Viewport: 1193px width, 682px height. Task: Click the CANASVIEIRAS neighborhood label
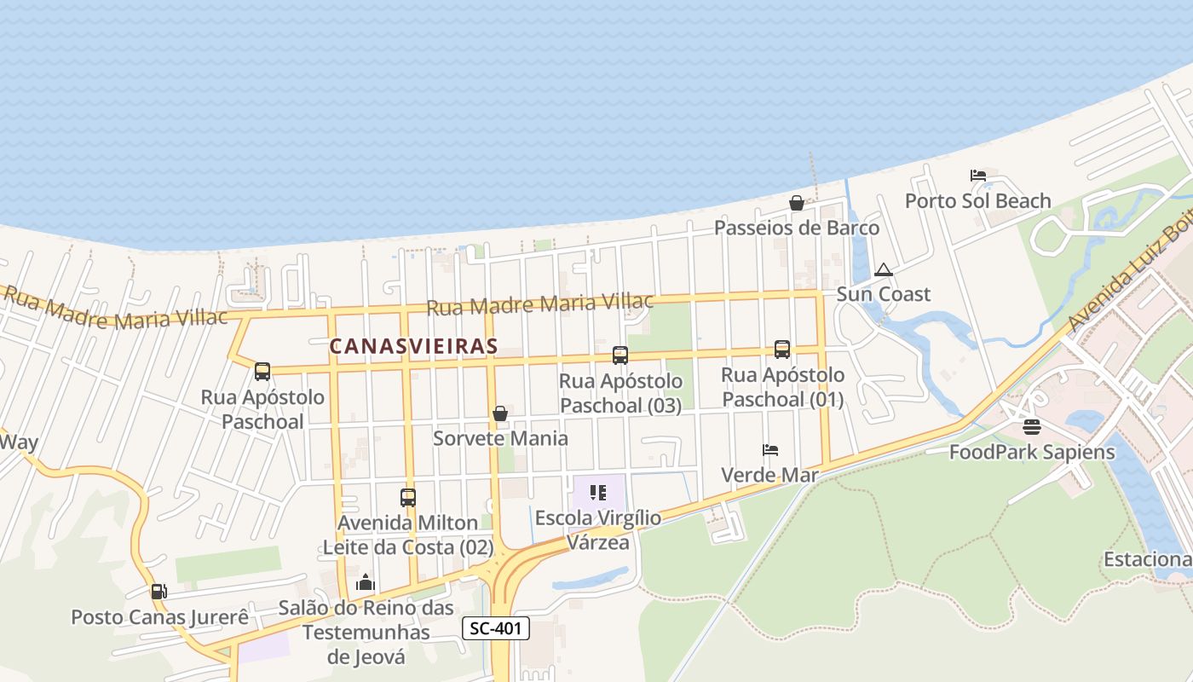coord(413,346)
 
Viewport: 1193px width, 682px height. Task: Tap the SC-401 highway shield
coord(496,629)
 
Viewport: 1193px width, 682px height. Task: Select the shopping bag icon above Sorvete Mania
coord(500,413)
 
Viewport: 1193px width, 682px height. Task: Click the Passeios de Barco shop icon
coord(796,203)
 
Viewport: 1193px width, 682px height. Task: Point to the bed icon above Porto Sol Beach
coord(977,176)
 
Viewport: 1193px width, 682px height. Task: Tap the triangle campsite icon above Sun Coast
coord(884,270)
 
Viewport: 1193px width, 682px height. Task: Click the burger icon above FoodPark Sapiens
coord(1032,426)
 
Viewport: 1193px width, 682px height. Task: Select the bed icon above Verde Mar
coord(770,450)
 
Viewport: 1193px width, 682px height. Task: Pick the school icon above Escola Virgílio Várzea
coord(598,493)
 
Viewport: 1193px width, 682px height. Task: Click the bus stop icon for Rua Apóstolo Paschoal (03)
coord(620,355)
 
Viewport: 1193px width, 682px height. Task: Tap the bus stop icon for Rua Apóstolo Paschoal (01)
coord(782,350)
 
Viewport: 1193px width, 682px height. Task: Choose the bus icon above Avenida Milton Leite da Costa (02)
coord(408,497)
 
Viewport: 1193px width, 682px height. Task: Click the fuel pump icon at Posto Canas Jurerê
coord(158,592)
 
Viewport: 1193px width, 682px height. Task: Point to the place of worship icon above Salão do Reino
coord(366,583)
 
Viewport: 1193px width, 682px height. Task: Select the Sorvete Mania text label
coord(500,438)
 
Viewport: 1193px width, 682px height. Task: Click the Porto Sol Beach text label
coord(977,201)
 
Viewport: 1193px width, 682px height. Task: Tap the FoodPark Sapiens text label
coord(1032,452)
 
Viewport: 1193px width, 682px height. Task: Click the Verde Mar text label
coord(769,475)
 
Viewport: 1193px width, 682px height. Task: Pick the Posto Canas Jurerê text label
coord(159,616)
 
